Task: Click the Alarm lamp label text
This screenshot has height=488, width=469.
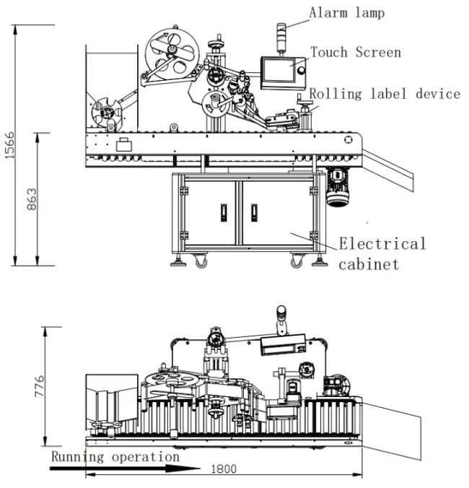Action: [x=346, y=12]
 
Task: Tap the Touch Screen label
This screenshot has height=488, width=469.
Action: [x=355, y=52]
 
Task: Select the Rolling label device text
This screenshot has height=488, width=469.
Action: [x=385, y=94]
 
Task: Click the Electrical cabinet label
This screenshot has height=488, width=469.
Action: [x=382, y=253]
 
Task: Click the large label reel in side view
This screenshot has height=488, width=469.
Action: [x=171, y=53]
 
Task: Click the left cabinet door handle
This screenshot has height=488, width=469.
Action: [x=222, y=212]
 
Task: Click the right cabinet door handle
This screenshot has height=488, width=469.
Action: [x=254, y=212]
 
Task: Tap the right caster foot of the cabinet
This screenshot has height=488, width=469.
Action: [x=297, y=262]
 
